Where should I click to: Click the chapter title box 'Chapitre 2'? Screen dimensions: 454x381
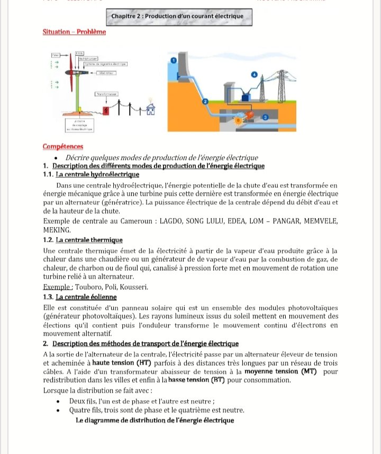tap(177, 16)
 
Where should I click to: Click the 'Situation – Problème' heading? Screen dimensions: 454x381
tap(74, 32)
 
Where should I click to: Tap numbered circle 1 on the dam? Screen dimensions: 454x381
tap(174, 62)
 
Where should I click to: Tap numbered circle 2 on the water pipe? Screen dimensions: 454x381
tap(205, 101)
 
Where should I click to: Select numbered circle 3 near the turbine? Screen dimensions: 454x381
tap(266, 116)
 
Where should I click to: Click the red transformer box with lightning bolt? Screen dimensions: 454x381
tap(106, 111)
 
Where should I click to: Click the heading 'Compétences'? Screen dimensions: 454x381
tap(62, 146)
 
